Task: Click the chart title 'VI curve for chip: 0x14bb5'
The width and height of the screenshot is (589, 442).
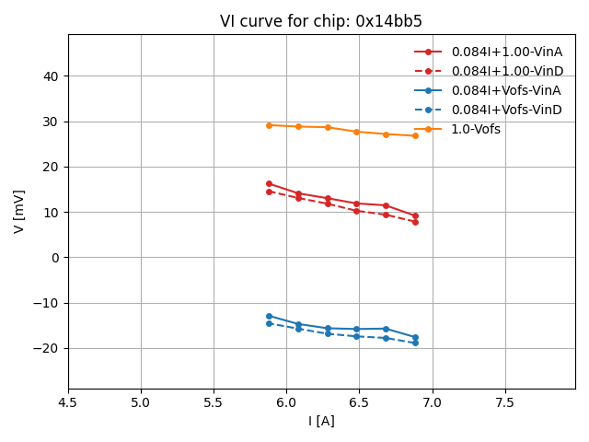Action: coord(321,21)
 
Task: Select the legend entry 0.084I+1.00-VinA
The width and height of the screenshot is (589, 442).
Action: coord(506,52)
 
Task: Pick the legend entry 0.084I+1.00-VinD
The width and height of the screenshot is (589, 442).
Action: coord(506,71)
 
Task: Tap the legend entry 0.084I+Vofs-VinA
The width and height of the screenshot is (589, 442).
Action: coord(505,90)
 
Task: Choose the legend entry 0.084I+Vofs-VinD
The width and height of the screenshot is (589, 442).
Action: coord(505,110)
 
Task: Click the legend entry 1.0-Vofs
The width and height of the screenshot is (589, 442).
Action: coord(475,129)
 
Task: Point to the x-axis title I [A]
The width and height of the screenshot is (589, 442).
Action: coord(321,421)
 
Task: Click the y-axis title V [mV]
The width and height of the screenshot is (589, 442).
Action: coord(19,211)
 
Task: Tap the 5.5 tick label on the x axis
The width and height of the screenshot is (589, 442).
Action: coord(214,402)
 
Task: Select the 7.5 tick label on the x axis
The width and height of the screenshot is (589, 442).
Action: coord(505,402)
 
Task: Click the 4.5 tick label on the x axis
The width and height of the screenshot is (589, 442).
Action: coord(68,402)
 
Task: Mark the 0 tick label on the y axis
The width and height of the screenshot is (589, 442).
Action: coord(56,258)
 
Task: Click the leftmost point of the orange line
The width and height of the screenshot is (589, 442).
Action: coord(269,125)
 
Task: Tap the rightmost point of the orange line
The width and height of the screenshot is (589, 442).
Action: coord(415,135)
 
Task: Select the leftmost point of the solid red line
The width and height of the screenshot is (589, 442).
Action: coord(269,183)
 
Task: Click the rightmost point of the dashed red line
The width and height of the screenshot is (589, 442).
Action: coord(415,222)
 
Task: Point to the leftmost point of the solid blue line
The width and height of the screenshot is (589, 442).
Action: coord(269,316)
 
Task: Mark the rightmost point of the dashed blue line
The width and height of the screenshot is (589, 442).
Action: coord(415,343)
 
